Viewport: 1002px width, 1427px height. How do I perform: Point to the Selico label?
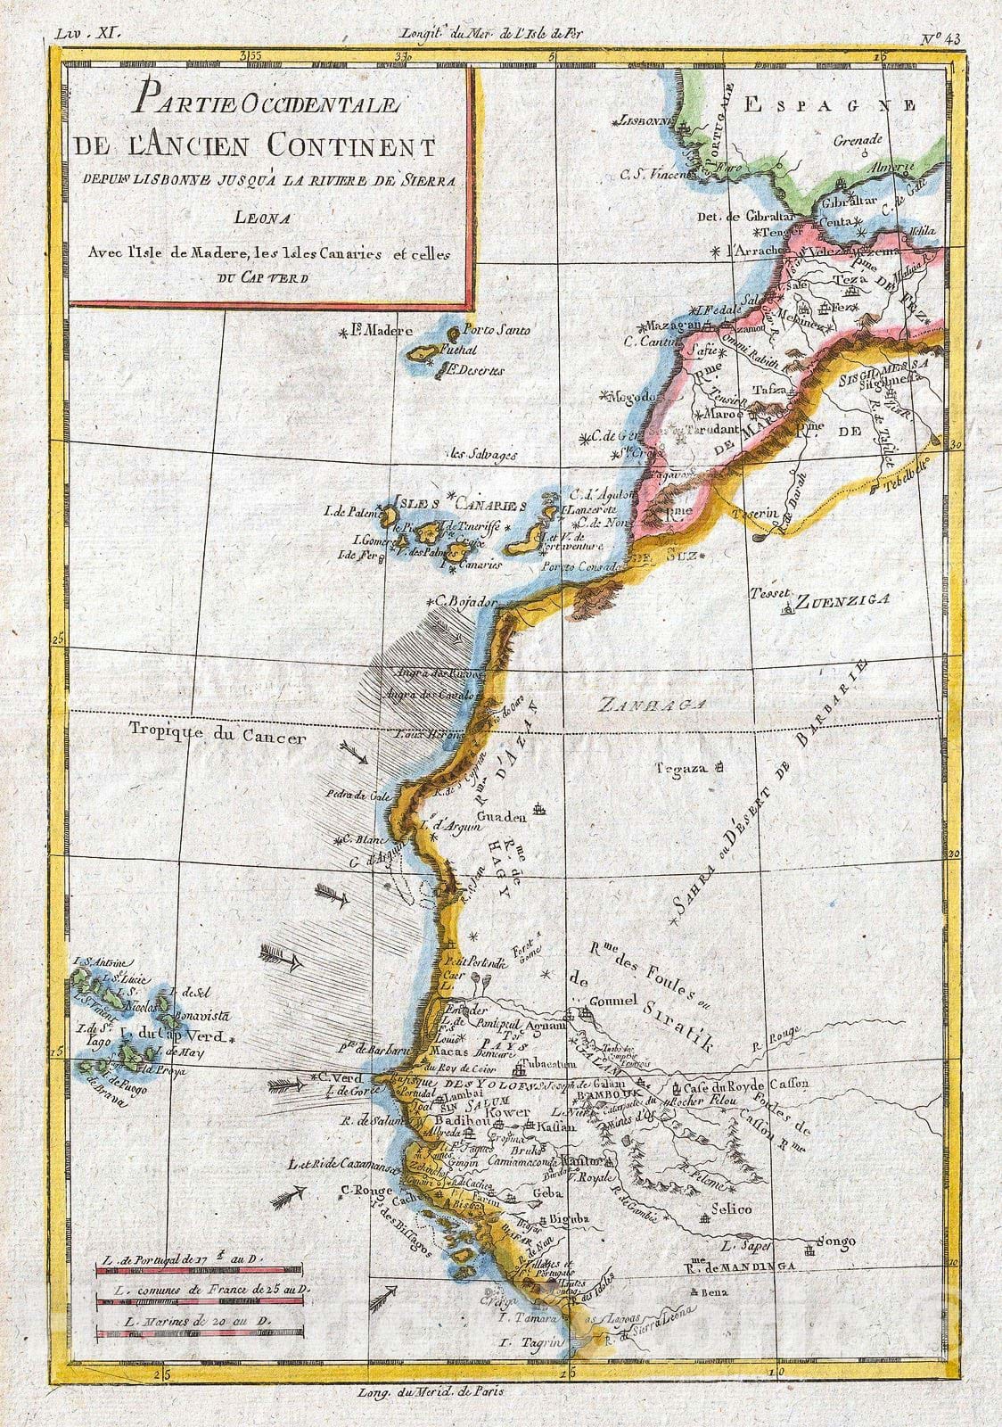731,1208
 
